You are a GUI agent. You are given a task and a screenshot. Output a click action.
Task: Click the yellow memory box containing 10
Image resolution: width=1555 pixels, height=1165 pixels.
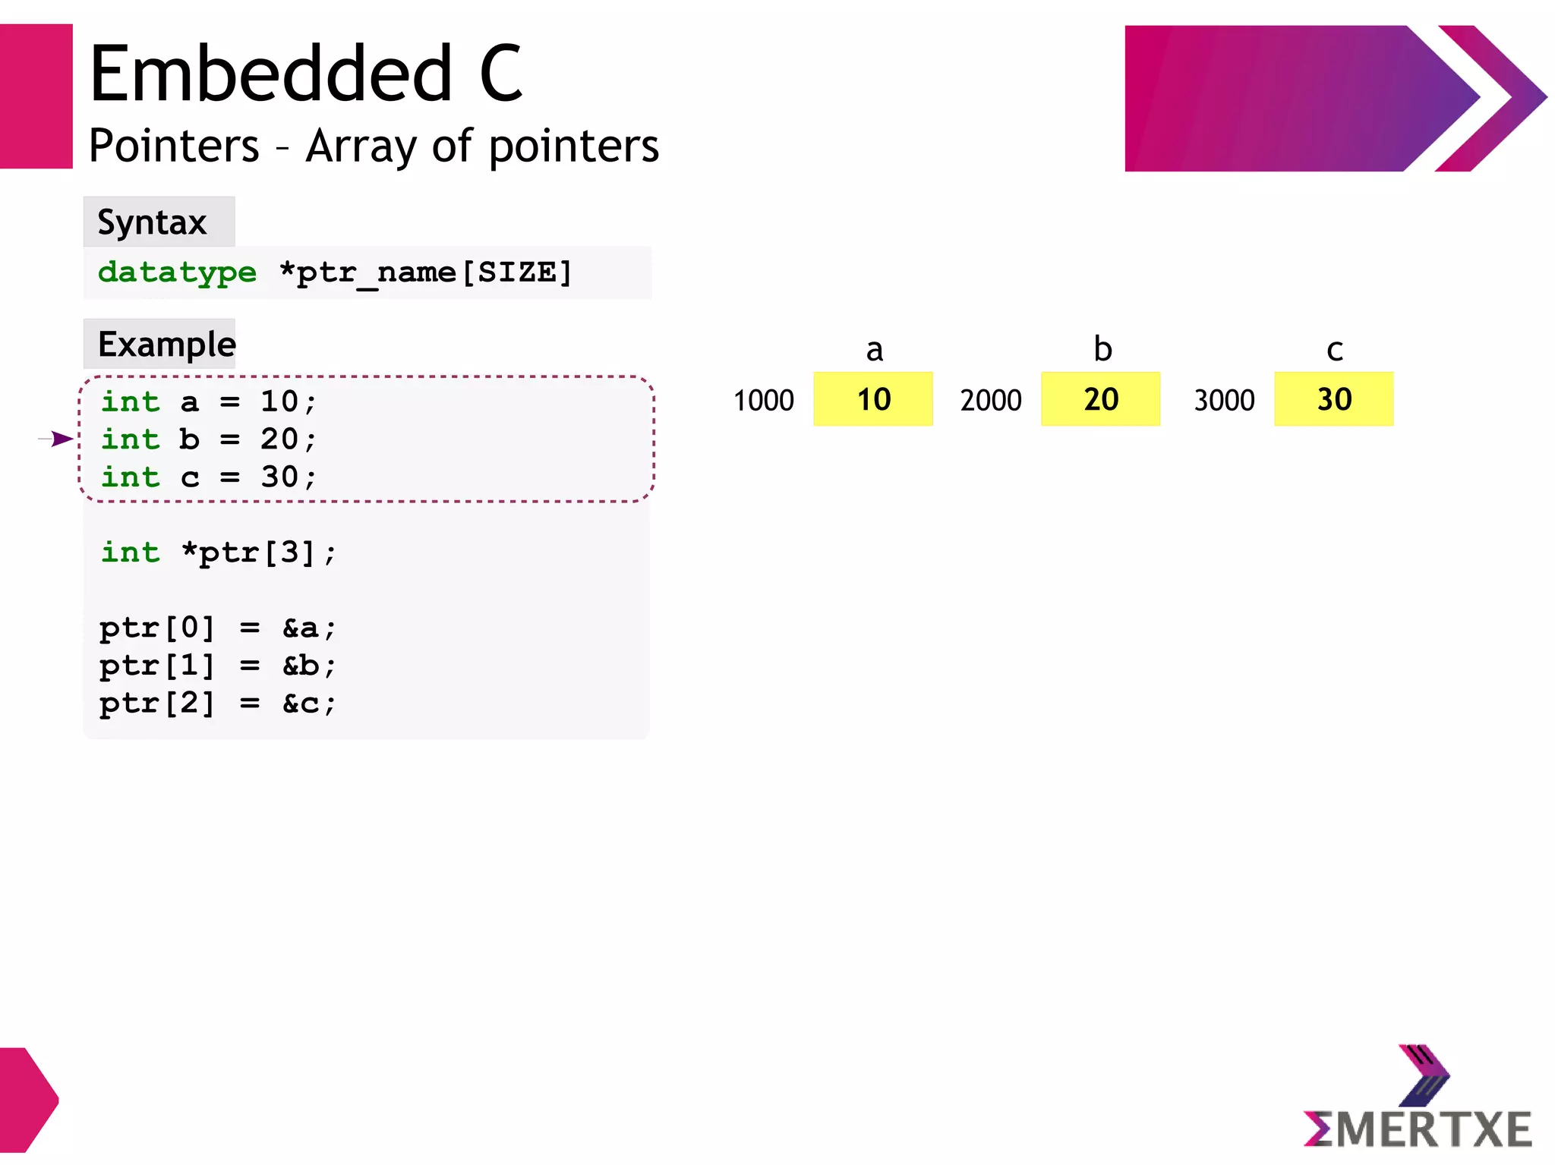pos(873,399)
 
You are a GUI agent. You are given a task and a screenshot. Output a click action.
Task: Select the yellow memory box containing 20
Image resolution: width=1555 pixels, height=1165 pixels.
pos(1100,399)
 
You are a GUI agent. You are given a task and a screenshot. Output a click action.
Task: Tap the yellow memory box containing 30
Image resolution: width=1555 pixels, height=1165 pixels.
pos(1333,399)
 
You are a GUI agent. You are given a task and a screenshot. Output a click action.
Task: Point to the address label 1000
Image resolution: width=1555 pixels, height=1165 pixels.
pos(763,401)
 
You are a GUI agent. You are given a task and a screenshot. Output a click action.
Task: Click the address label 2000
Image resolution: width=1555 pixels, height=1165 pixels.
pos(991,401)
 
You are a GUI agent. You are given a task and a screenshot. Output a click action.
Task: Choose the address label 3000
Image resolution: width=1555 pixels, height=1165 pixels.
pos(1224,401)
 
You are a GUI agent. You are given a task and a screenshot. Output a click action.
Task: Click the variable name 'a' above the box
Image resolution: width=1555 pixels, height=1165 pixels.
pos(875,350)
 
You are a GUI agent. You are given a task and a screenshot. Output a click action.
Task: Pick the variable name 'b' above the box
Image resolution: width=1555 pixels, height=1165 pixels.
pos(1102,349)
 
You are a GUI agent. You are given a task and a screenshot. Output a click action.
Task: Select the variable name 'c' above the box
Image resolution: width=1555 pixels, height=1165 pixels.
pos(1335,350)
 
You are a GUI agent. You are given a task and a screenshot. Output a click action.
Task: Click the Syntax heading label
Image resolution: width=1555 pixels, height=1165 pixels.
pos(153,222)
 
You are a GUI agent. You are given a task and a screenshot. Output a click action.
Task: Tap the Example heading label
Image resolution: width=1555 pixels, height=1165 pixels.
pos(167,345)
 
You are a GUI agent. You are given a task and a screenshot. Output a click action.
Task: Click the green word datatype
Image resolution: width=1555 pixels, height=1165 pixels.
pos(178,272)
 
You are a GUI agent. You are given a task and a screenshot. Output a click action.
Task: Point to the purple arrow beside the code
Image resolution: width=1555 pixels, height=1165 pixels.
pos(58,439)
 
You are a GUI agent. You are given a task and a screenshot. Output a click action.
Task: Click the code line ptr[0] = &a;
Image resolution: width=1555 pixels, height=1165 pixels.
pos(217,628)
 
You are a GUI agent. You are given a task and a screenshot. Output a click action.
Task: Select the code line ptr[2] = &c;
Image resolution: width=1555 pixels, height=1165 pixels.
pos(217,704)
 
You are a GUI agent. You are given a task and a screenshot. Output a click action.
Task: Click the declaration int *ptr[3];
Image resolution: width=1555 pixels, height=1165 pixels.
pos(218,553)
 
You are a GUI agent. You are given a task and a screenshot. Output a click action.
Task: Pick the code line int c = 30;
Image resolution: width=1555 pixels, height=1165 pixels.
pos(209,477)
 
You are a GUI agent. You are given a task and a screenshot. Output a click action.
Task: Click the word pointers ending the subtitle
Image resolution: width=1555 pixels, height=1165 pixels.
pos(574,146)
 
